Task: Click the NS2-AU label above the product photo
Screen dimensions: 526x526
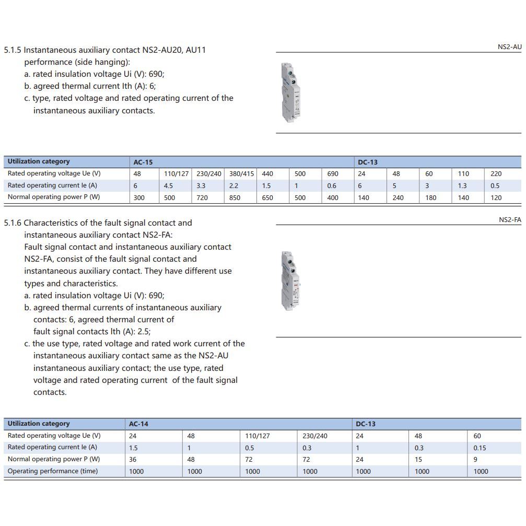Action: pyautogui.click(x=509, y=47)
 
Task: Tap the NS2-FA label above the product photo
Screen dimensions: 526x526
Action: pyautogui.click(x=510, y=220)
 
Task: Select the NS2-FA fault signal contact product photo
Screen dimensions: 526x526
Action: pyautogui.click(x=288, y=280)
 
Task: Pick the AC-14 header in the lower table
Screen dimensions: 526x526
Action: pyautogui.click(x=138, y=424)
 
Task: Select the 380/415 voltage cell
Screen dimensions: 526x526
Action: pyautogui.click(x=241, y=174)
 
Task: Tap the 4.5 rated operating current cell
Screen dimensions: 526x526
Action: pyautogui.click(x=168, y=186)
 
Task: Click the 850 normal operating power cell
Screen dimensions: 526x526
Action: pyautogui.click(x=235, y=198)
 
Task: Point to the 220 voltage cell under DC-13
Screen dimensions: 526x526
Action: pyautogui.click(x=496, y=174)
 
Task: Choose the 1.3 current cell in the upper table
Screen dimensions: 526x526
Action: pyautogui.click(x=463, y=186)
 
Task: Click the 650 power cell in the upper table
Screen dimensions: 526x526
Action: pyautogui.click(x=267, y=198)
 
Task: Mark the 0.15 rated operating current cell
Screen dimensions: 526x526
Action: pyautogui.click(x=480, y=448)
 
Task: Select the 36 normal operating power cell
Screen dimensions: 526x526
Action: pyautogui.click(x=133, y=460)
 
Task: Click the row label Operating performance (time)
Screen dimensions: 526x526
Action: pyautogui.click(x=53, y=471)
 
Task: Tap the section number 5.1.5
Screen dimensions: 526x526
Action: pyautogui.click(x=13, y=50)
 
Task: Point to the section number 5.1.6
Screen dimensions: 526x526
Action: pyautogui.click(x=13, y=223)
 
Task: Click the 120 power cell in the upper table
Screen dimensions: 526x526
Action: pyautogui.click(x=496, y=198)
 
